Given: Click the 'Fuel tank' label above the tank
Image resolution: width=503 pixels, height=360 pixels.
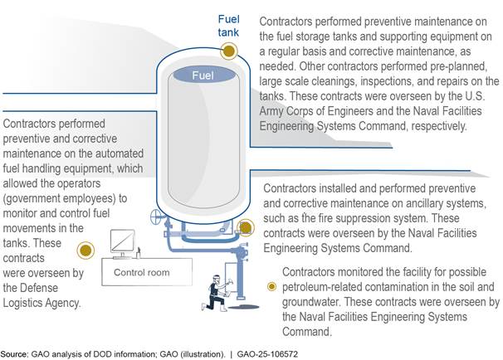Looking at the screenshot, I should pos(229,26).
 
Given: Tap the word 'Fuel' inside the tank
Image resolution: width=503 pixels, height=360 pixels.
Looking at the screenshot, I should pos(204,75).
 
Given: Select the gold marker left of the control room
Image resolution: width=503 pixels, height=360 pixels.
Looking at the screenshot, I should pos(84,250).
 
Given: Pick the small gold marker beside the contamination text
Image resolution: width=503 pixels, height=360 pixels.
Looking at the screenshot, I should pos(271,286).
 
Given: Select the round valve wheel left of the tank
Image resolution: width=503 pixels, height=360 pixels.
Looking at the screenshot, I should pos(154,220).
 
